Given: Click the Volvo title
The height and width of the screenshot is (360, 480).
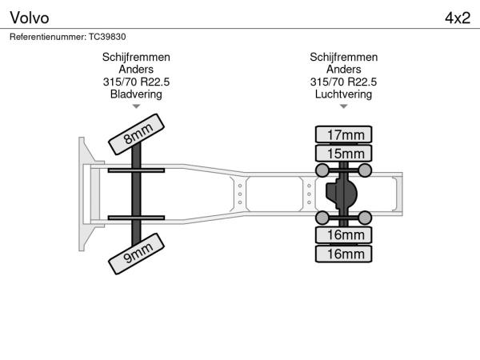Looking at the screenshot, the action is pos(30,18).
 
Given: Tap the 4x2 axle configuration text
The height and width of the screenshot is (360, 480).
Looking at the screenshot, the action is pos(458,18).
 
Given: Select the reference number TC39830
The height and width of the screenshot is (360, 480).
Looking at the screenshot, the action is pos(107,37).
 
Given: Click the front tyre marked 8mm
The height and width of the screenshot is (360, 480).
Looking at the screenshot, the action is pos(136,134).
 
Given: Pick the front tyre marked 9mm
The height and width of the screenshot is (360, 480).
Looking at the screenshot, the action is pos(136,254).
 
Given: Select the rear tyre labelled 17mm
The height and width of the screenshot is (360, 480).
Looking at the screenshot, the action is pos(343,134).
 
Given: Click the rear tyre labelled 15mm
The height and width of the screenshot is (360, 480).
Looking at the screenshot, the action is pos(343,154).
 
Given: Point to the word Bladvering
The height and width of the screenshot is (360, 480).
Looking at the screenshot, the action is pos(136,94).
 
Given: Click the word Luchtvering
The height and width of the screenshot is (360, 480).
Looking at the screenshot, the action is pos(343,94).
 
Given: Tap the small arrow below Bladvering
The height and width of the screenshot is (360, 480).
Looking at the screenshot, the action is pos(136,106).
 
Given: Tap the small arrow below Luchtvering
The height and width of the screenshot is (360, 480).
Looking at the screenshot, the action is pos(343,106).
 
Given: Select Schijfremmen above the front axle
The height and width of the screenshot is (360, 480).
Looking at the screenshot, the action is pos(136,58).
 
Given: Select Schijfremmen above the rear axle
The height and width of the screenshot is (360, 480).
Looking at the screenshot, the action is pos(343,58).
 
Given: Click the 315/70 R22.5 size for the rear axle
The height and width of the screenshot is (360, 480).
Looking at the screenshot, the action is pos(343,82).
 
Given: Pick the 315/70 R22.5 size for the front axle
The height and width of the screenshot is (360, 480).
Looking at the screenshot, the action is pos(136,82).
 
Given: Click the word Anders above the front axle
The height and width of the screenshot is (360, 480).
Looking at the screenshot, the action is pos(136,69).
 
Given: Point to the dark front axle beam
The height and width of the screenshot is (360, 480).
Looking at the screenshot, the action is pos(136,194).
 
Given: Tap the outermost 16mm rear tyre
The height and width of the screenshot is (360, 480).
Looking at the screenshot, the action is pos(343,254).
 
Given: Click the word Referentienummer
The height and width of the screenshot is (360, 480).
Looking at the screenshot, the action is pos(48,37).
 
